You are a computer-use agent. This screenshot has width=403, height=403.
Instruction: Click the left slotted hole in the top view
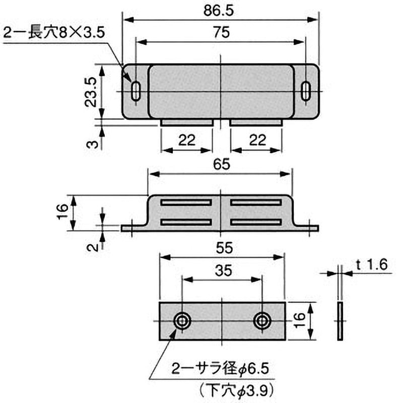click(136, 91)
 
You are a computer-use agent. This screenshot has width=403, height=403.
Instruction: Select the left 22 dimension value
click(186, 141)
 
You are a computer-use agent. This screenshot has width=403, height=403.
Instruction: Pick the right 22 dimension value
click(257, 141)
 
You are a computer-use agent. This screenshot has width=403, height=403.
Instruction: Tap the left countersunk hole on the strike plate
click(182, 321)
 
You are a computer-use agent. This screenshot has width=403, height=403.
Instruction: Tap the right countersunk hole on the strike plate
click(262, 321)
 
